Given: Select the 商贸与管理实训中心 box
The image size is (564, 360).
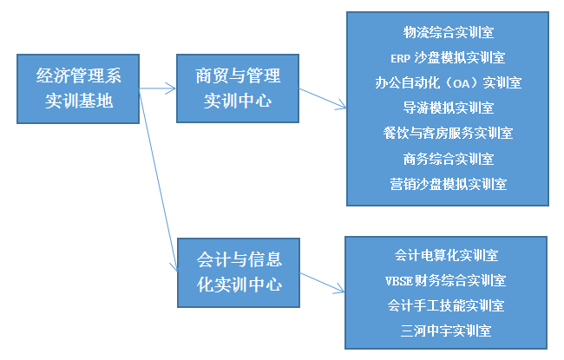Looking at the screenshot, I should tap(238, 88).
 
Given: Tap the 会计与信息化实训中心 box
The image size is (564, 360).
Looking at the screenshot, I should tap(239, 271).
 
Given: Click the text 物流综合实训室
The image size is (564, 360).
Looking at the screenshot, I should tap(448, 33).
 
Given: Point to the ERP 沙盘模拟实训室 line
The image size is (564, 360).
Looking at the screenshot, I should tap(448, 58).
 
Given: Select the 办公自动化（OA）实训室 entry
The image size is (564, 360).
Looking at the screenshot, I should tap(448, 83).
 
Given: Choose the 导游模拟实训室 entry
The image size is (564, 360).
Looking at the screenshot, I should tap(448, 108).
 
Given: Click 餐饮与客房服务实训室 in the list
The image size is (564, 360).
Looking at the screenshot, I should tap(448, 134).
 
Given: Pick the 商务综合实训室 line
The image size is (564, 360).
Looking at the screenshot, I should tap(448, 159).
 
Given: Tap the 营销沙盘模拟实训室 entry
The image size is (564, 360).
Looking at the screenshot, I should tap(448, 184).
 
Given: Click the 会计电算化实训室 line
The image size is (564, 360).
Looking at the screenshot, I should tap(446, 255).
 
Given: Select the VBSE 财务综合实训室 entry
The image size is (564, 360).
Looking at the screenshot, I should tap(446, 280).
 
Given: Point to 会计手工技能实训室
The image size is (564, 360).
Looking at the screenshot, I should tap(446, 305).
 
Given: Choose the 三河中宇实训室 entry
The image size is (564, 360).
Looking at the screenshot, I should tap(446, 331).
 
